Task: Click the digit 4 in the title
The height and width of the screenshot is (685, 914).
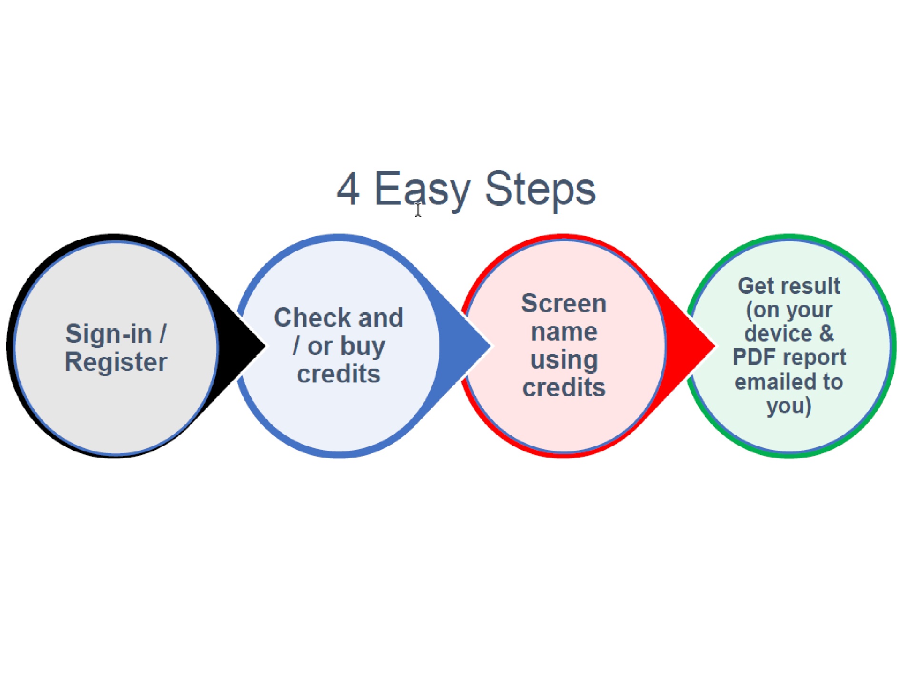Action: tap(348, 189)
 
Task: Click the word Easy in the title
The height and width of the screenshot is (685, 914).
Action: tap(423, 190)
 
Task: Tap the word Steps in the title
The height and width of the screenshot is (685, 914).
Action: tap(540, 190)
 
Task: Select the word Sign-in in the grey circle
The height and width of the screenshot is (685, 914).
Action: tap(109, 334)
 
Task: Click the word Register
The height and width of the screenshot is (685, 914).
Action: tap(116, 362)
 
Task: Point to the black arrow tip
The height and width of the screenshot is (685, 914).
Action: tap(264, 346)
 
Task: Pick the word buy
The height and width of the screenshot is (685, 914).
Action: tap(363, 346)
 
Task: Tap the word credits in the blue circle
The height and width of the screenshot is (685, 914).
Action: tap(339, 374)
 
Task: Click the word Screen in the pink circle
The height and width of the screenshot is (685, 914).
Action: tap(564, 303)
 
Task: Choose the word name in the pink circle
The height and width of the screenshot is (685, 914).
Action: tap(564, 332)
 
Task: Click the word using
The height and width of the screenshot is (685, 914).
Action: tap(564, 360)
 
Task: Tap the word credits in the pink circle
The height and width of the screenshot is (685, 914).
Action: tap(564, 387)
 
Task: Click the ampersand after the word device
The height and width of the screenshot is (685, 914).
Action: tap(827, 333)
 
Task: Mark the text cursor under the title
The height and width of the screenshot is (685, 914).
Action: tap(418, 210)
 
